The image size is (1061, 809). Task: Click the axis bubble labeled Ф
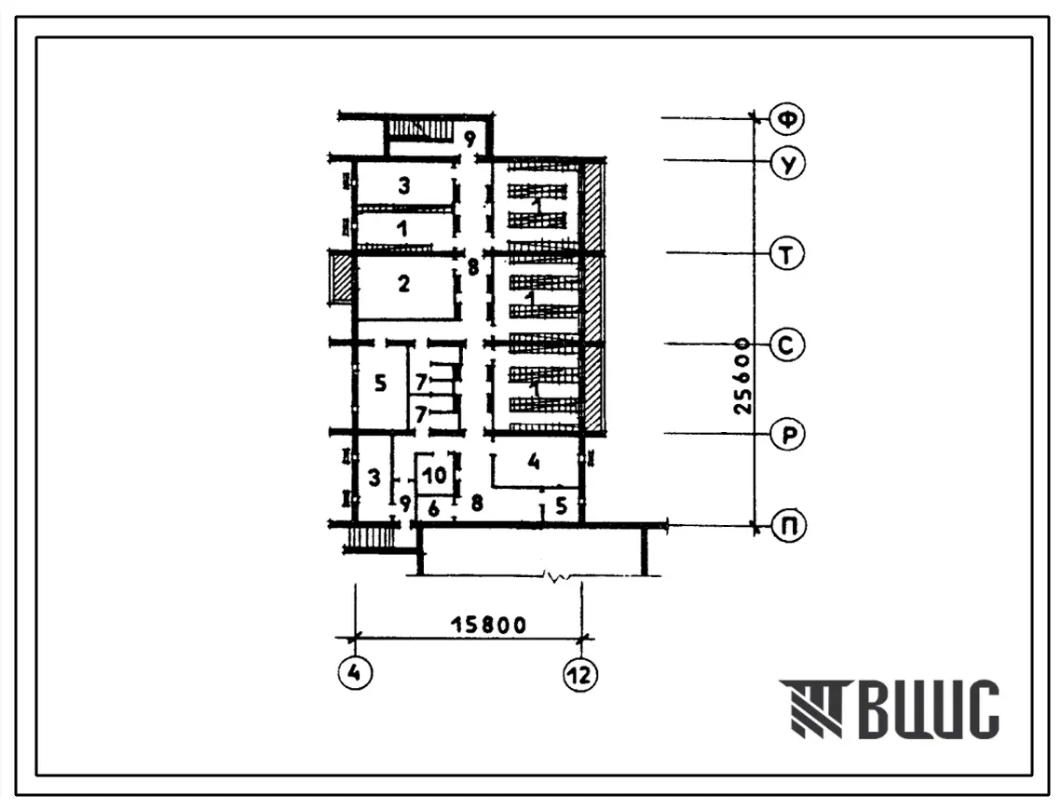[x=788, y=119]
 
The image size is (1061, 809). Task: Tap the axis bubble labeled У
[x=788, y=163]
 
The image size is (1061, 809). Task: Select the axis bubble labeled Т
[x=787, y=255]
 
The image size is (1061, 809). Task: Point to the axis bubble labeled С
[x=787, y=345]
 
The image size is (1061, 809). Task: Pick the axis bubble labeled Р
[x=788, y=435]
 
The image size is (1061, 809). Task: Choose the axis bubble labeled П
[x=788, y=526]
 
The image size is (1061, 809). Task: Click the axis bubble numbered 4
[x=355, y=673]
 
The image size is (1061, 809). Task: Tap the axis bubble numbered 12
[x=580, y=674]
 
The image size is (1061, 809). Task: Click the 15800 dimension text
[x=488, y=625]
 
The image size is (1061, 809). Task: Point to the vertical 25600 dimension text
[x=743, y=376]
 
